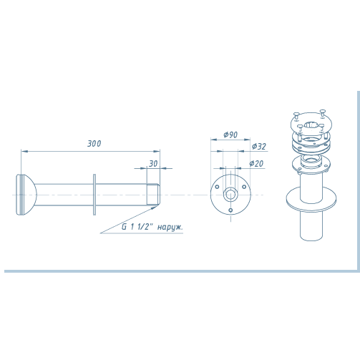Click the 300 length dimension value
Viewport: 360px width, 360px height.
click(x=94, y=144)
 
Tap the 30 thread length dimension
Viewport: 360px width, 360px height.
click(x=153, y=164)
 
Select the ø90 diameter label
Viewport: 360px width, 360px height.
click(x=230, y=135)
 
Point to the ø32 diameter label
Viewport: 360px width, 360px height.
click(x=259, y=146)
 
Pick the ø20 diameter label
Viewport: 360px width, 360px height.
click(x=256, y=164)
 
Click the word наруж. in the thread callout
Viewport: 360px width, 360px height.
click(x=170, y=227)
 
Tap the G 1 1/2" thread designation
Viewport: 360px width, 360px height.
click(x=137, y=227)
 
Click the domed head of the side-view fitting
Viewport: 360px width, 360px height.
click(x=26, y=195)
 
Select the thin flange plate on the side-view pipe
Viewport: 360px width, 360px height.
click(x=94, y=195)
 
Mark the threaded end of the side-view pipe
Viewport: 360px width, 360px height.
click(x=153, y=194)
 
